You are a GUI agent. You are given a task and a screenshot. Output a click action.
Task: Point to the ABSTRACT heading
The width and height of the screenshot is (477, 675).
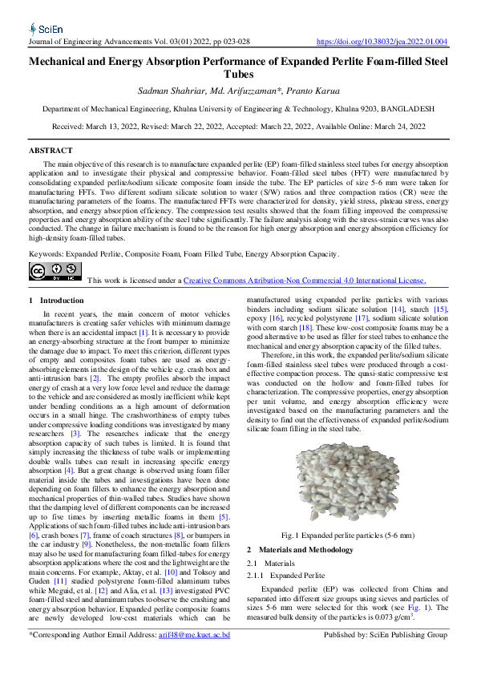[x=51, y=151]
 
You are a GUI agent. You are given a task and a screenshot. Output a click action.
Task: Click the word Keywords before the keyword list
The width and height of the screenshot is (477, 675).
[x=46, y=232]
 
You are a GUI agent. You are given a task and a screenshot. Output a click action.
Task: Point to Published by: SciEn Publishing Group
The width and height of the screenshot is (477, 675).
[x=385, y=635]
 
